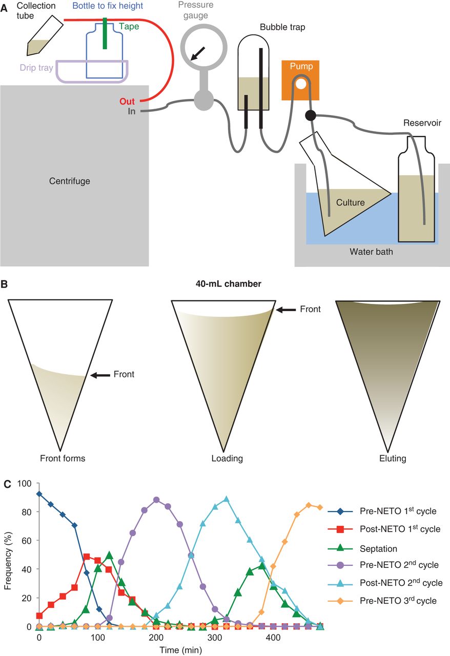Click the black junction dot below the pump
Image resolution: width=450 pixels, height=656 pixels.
[311, 115]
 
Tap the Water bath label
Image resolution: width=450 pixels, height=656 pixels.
[371, 252]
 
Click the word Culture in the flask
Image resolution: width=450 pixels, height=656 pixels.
[350, 202]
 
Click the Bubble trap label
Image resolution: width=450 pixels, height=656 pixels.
[278, 27]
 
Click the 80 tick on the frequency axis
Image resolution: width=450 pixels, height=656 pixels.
[24, 512]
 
